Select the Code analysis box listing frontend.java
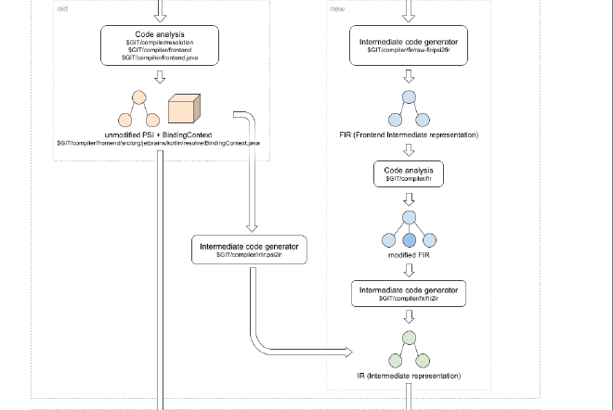[x=159, y=45]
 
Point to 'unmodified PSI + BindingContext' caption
[x=161, y=135]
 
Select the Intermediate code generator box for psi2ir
[x=249, y=250]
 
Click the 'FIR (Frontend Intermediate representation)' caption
[x=408, y=135]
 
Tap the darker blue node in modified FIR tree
[x=408, y=240]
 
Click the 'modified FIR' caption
[x=408, y=253]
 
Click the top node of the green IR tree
[x=408, y=338]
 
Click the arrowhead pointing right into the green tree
[x=350, y=352]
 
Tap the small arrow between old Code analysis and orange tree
[x=159, y=77]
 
